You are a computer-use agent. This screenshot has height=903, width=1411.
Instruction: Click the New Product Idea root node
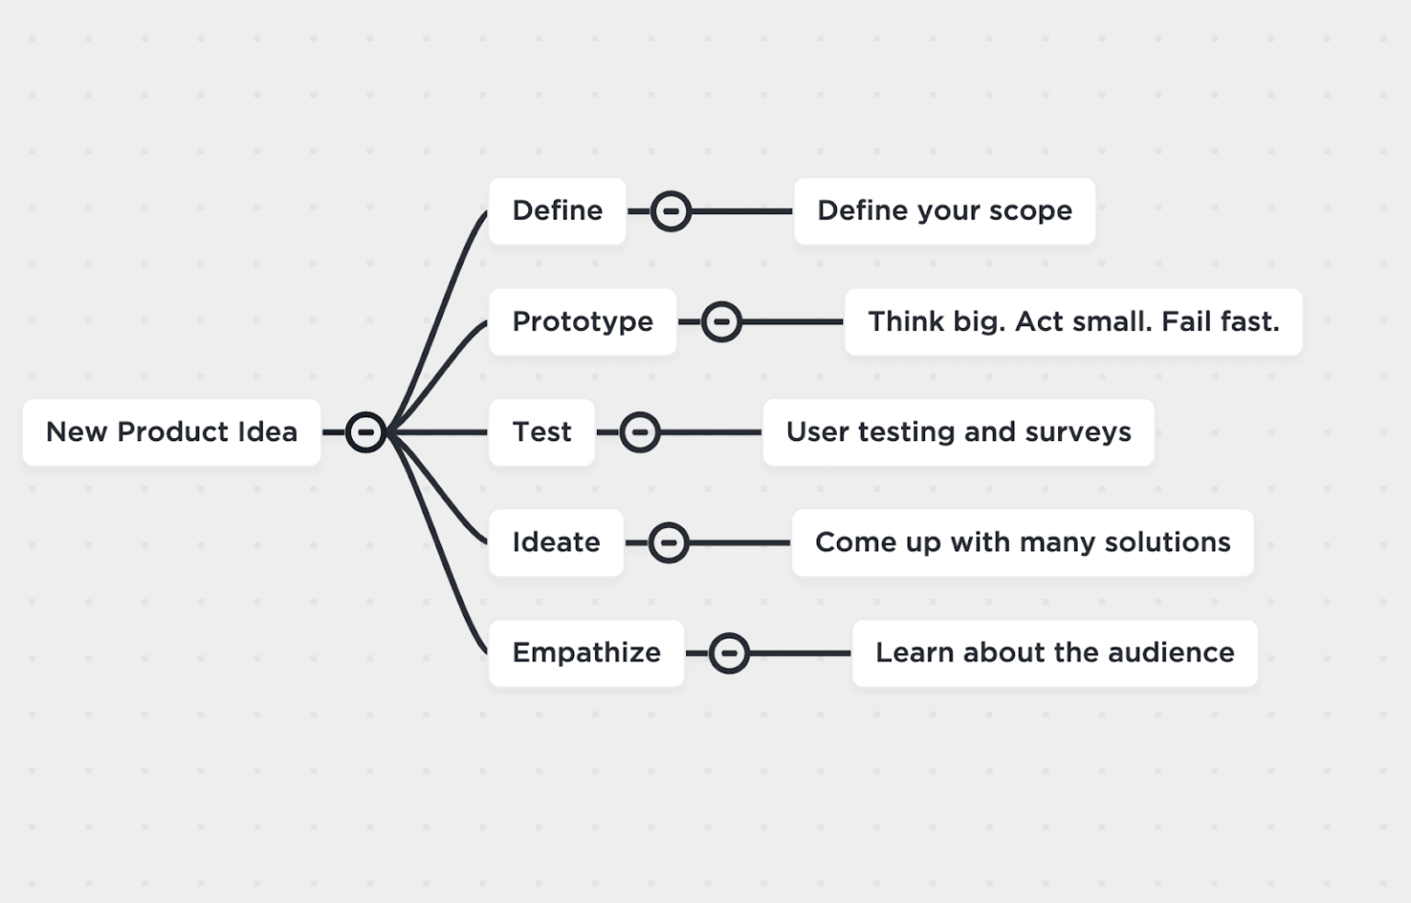coord(172,432)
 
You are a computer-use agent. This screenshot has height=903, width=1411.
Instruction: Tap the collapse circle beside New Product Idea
coord(366,432)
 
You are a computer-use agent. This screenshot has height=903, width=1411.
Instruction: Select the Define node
coord(557,210)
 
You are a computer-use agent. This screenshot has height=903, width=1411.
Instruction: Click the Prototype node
coord(582,322)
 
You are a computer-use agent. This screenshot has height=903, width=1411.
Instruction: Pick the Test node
coord(541,432)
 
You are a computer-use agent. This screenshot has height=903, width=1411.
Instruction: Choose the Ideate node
coord(556,542)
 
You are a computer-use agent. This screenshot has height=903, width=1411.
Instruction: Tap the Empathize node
coord(586,652)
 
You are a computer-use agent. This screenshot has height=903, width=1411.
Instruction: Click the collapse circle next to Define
coord(671,211)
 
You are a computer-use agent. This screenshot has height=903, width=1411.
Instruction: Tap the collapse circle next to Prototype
coord(721,322)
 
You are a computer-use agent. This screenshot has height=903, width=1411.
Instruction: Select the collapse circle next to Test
coord(639,432)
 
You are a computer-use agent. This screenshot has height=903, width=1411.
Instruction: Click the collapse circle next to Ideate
coord(668,543)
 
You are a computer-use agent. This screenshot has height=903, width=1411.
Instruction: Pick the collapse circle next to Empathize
coord(728,653)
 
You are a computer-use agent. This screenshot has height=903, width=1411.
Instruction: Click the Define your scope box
coord(944,210)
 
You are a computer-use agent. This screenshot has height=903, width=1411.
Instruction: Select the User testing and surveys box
coord(958,432)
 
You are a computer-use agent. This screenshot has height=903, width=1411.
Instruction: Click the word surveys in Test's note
coord(1078,432)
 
